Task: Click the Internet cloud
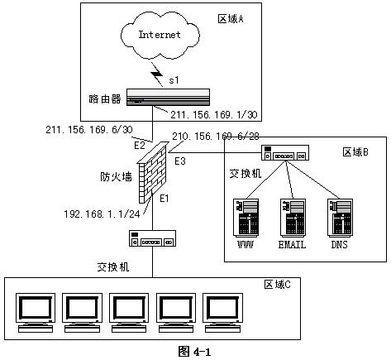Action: tap(160, 35)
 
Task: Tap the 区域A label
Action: tap(231, 19)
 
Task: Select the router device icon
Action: tap(168, 97)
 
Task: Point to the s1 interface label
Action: tap(174, 80)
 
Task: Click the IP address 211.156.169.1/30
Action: tap(214, 115)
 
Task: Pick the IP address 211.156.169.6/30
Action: tap(89, 130)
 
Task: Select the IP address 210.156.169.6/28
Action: tap(216, 137)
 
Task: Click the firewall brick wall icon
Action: tap(153, 172)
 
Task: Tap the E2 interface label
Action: tap(140, 146)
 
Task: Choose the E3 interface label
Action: tap(180, 161)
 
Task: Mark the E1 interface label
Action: tap(165, 198)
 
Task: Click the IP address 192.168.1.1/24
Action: tap(103, 214)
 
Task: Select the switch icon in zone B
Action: tap(285, 153)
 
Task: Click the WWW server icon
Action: tap(246, 218)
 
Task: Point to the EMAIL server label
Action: tap(292, 245)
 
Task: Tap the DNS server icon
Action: tap(340, 218)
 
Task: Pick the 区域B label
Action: tap(355, 152)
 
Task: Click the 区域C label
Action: tap(278, 285)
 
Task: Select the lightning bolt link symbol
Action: tap(157, 74)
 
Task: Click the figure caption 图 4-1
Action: tap(194, 352)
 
